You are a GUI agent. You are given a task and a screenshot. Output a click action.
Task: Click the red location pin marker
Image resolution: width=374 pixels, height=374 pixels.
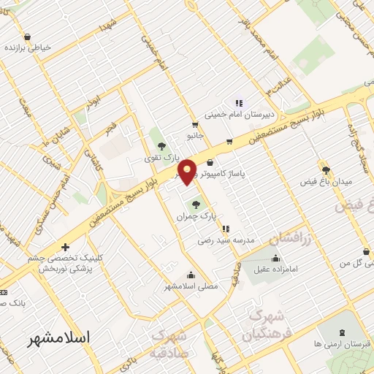(x=188, y=171)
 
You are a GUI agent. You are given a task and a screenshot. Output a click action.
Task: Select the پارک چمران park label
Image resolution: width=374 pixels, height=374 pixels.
(x=194, y=217)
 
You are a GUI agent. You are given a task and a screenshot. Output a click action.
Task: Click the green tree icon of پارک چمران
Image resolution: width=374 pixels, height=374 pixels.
(x=195, y=205)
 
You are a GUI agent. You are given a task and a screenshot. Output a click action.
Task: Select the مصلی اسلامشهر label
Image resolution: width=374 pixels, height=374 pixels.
(x=191, y=286)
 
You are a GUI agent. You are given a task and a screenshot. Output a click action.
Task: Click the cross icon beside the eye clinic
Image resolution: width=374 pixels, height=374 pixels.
(x=66, y=248)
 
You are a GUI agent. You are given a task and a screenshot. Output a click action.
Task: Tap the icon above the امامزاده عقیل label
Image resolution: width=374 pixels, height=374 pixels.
(x=275, y=258)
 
